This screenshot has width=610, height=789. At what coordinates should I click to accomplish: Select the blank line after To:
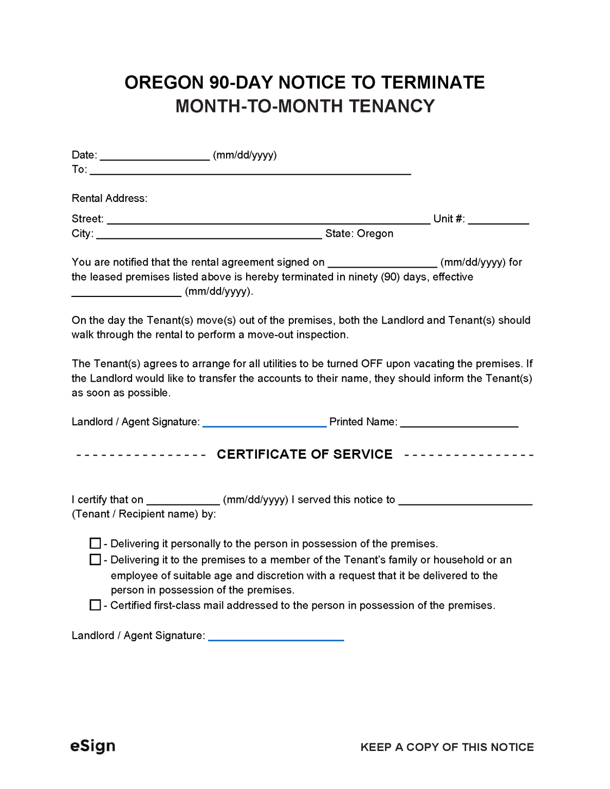[250, 170]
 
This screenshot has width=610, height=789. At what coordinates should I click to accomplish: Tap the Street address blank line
[268, 219]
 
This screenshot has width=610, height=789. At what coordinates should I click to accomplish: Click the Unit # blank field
[498, 219]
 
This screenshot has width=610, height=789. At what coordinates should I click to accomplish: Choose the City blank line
[209, 234]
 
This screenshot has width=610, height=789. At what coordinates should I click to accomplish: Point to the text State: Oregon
[359, 234]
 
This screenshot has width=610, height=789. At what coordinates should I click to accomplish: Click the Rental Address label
[109, 198]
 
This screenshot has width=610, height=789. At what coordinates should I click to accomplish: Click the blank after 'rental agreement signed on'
[382, 262]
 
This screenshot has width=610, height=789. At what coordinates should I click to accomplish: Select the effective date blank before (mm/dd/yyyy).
[126, 292]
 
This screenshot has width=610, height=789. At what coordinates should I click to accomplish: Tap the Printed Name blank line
[459, 422]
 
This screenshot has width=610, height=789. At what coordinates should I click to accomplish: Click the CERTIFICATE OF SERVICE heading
[305, 454]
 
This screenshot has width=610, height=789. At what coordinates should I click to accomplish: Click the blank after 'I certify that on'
[183, 500]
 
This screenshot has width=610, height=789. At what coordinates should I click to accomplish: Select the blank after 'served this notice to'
[465, 500]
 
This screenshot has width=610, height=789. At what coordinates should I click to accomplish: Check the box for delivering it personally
[95, 543]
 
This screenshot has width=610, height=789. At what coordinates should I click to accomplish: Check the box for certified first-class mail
[95, 605]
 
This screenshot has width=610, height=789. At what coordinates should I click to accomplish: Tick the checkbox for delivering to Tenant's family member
[95, 559]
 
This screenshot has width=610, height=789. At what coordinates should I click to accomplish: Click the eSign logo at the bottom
[93, 746]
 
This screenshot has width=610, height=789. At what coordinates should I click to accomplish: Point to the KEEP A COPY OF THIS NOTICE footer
[447, 747]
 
